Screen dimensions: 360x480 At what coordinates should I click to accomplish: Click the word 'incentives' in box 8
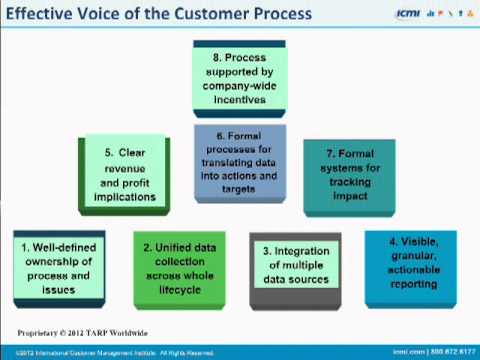(243, 103)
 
